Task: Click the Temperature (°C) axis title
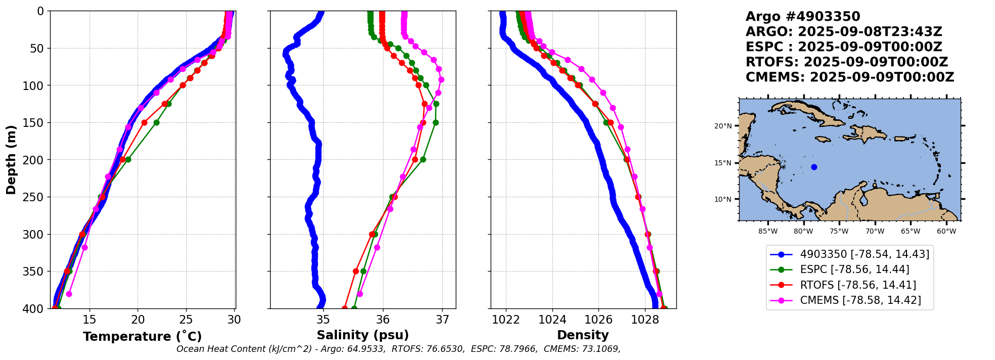pos(142,337)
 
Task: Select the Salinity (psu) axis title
pos(363,335)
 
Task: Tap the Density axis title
pos(583,335)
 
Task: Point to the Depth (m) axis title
pos(11,160)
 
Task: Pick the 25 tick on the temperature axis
pos(186,320)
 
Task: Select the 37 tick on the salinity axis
pos(442,320)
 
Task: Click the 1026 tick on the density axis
pos(598,320)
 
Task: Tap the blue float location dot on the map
pos(814,167)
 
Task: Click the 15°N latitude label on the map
pos(723,163)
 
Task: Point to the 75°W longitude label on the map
pos(839,232)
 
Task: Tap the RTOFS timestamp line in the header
pos(847,62)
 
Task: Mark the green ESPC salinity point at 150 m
pos(436,122)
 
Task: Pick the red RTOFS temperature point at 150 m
pos(144,122)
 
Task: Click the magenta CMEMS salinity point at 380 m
pos(360,294)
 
